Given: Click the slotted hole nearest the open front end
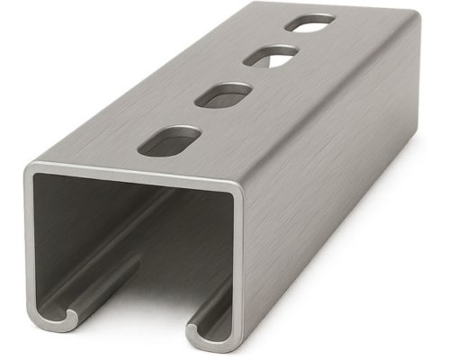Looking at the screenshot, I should pos(169,140).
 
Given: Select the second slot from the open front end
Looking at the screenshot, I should pos(223,94).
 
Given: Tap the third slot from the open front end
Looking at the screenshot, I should pos(270,58).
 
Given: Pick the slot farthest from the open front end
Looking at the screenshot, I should pos(310,22).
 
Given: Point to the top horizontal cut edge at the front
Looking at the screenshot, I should pos(135,176).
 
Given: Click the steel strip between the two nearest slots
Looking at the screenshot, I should pos(198,117).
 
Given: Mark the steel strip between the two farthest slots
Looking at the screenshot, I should pos(290,40).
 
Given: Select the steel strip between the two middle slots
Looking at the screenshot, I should pos(247,76).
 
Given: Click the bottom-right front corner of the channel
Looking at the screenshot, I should pos(236,346).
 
